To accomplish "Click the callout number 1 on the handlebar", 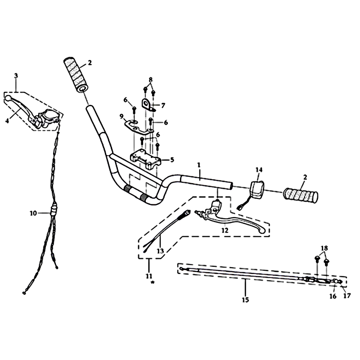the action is pos(199,165).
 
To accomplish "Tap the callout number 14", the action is pos(259,170).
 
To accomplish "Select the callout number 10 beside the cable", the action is pos(33,213).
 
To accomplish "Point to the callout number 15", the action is pos(245,300).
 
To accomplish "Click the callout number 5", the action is pos(172,160).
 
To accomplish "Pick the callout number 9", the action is pos(121,117).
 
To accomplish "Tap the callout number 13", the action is pos(160,251).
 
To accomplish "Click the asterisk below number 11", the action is pos(153,283).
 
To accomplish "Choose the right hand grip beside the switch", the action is pos(301,196).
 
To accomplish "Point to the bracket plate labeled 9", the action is pos(138,127).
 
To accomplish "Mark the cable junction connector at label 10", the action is pos(53,210).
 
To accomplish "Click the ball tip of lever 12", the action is pos(262,231).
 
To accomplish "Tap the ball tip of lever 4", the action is pos(8,98).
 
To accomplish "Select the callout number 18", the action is pos(324,248).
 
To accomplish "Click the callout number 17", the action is pos(347,296).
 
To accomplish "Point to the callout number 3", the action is pos(16,76).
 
